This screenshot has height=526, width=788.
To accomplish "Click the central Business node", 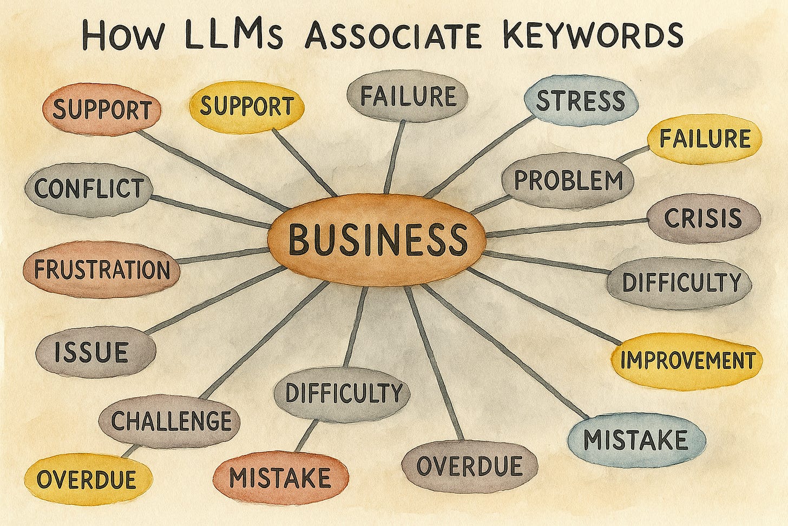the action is coord(377,239).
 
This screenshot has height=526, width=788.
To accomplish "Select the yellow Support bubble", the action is coord(246,106).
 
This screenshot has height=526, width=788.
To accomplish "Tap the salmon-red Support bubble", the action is coord(102,110).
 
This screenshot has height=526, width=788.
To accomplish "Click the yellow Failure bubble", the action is coord(704,139).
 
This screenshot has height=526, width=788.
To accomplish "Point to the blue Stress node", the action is coord(581,101).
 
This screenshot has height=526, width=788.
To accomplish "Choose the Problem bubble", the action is coord(568,180).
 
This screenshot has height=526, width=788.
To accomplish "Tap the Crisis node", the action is coord(703,218).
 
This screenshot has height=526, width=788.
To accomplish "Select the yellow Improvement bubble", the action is coord(687,360).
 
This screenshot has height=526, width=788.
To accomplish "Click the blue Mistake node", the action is coord(636,439).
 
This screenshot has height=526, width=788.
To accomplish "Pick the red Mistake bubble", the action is coord(280,477).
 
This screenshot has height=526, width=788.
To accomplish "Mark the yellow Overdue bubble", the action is coord(87,479).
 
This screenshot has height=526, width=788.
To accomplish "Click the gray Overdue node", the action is coord(469,465).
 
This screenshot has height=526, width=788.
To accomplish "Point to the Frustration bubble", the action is coord(102,269).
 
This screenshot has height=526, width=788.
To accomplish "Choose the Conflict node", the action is coord(89,189).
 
